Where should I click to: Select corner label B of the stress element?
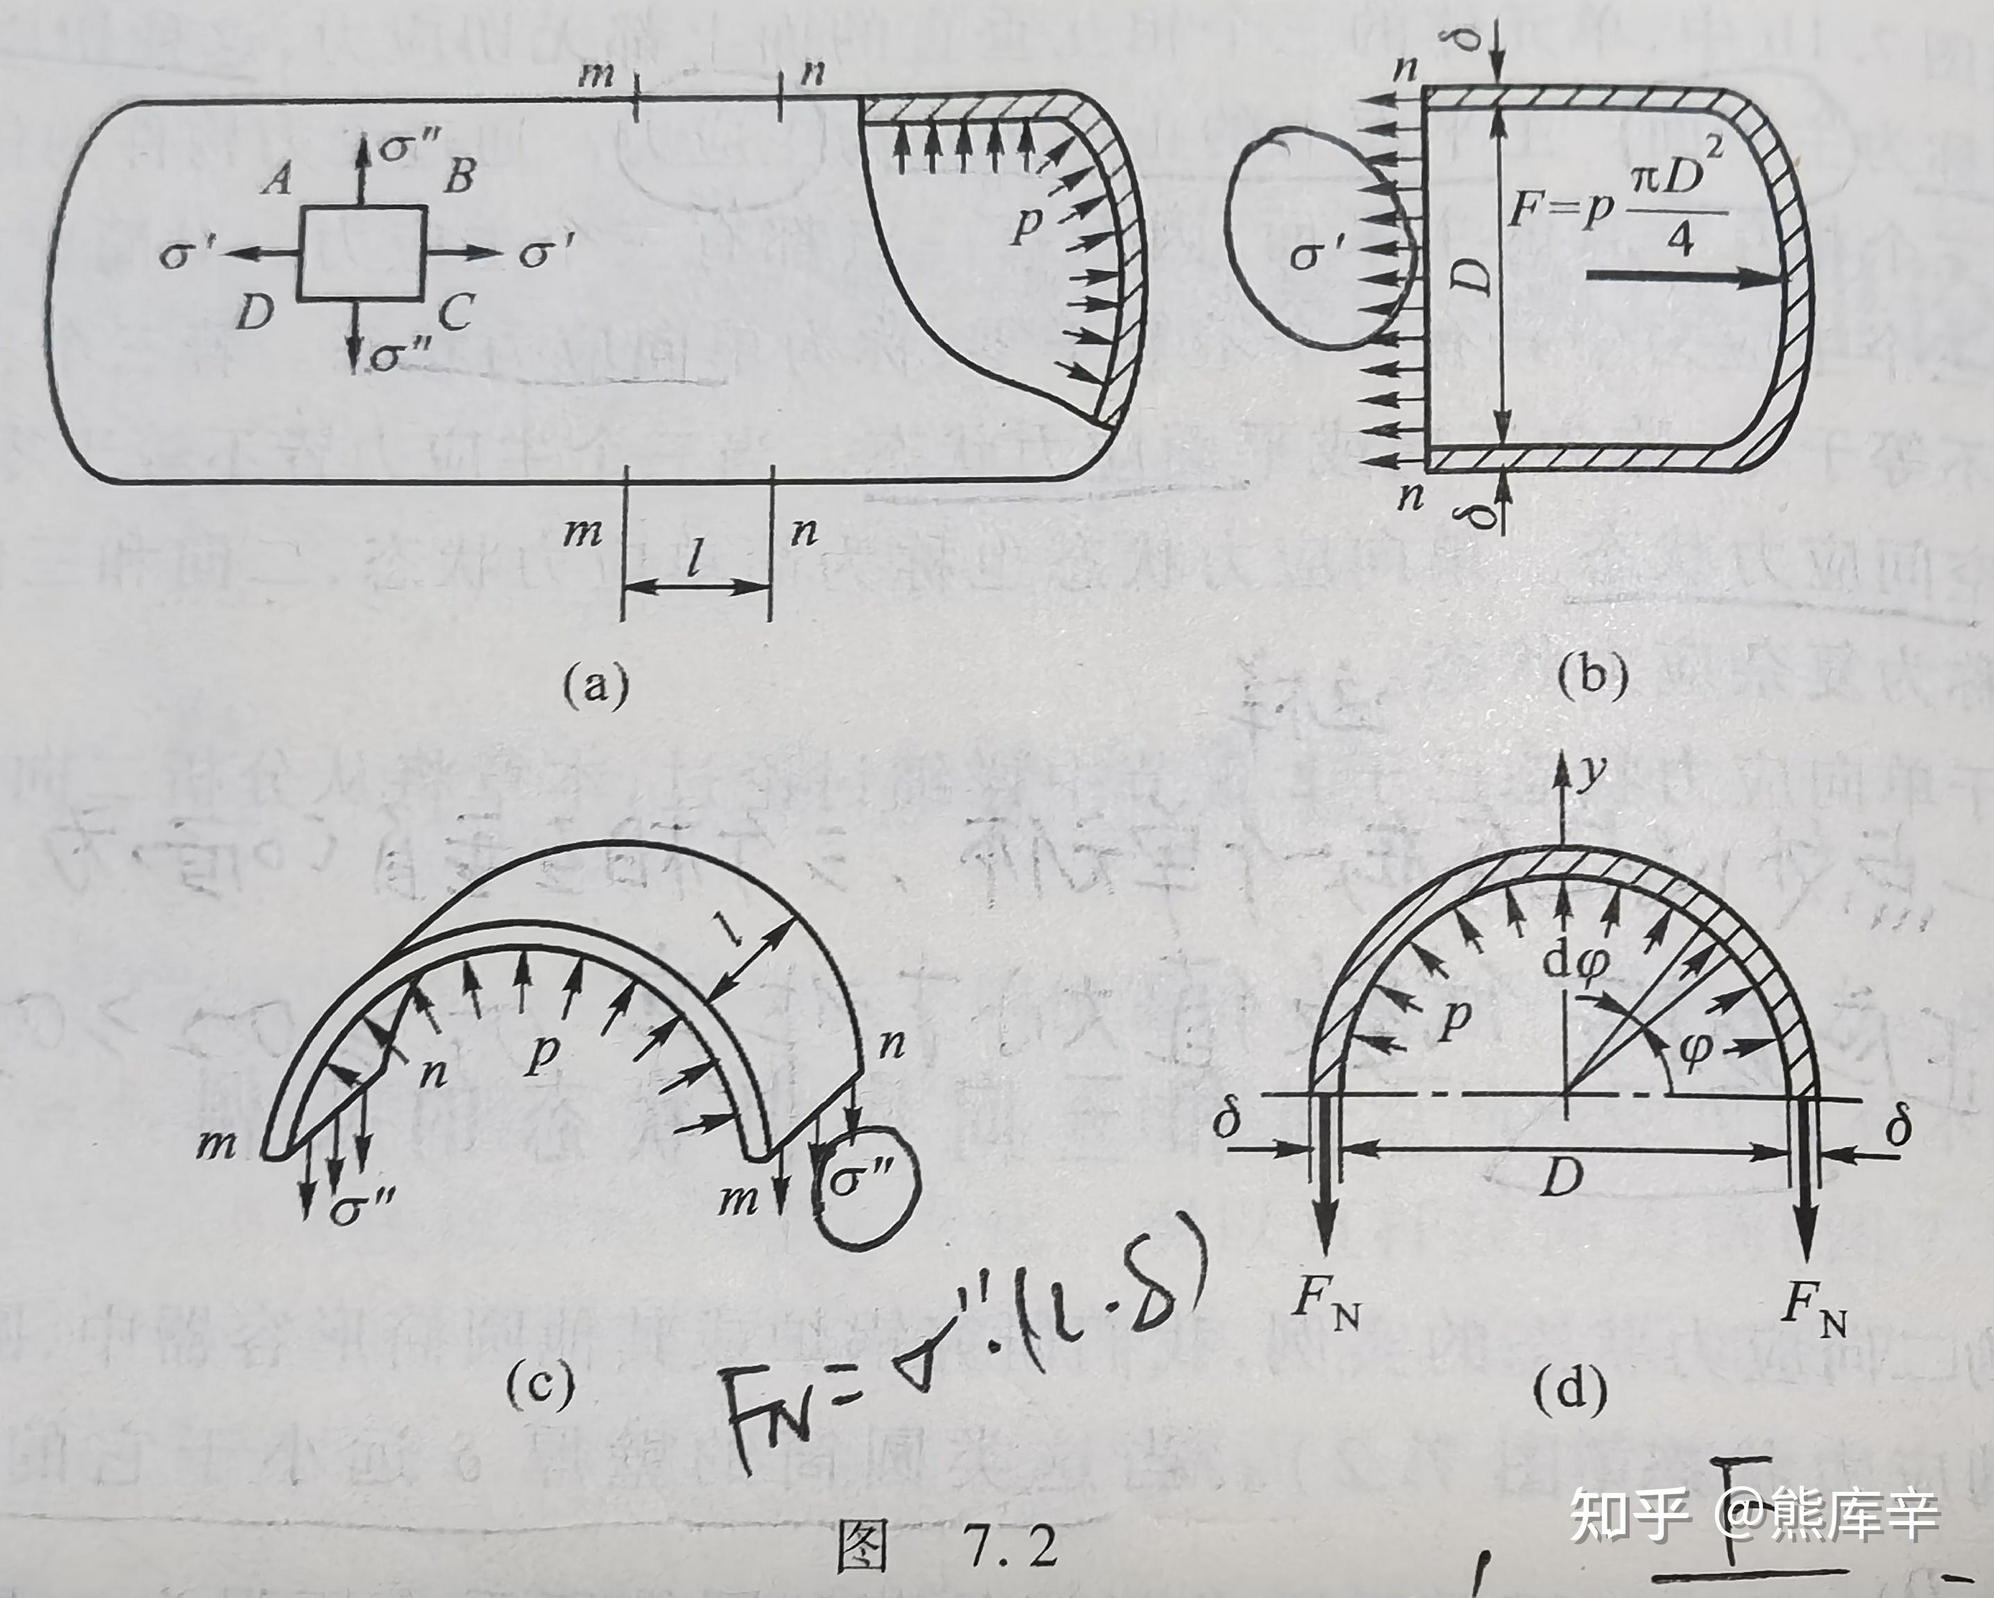pos(459,176)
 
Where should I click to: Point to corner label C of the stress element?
pos(455,314)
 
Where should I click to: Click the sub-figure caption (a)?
pos(595,686)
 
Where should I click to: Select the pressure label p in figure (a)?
pos(1024,224)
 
